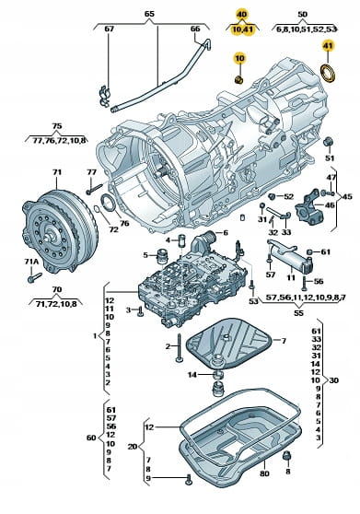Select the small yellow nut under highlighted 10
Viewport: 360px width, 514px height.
[239, 79]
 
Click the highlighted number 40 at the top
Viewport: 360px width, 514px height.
[242, 15]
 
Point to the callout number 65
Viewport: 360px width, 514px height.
[149, 15]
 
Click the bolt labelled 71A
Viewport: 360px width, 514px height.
[35, 277]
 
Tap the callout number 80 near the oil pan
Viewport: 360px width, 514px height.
[264, 473]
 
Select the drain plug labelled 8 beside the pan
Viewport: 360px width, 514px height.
[287, 456]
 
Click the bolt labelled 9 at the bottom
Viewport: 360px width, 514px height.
[188, 479]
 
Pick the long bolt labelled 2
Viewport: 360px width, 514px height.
[179, 348]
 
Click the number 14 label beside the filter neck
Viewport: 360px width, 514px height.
[192, 374]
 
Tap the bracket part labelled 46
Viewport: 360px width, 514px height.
[309, 207]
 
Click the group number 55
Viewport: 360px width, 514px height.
[298, 313]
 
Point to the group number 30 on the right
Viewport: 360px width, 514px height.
[334, 380]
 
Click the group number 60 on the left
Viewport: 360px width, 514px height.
[91, 438]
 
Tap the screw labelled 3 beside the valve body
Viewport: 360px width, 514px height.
[140, 311]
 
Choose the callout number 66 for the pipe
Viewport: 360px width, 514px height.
[195, 29]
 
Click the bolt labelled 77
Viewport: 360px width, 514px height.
[95, 189]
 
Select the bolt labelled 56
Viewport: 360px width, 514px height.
[304, 283]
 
